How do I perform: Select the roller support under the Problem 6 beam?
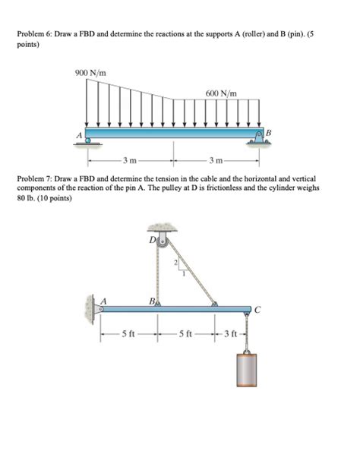[90, 140]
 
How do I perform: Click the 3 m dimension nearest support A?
[131, 161]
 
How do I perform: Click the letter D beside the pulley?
[150, 239]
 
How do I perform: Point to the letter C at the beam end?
[259, 308]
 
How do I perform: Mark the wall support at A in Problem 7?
[90, 308]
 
